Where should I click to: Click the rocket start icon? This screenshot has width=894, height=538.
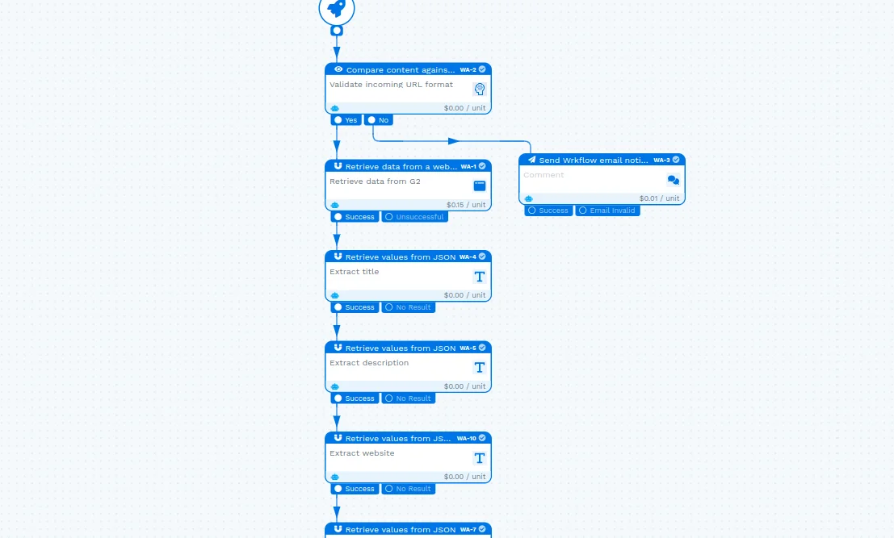pyautogui.click(x=337, y=8)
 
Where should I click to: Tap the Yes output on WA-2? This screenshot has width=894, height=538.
pyautogui.click(x=346, y=120)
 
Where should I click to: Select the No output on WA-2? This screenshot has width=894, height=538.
pyautogui.click(x=378, y=120)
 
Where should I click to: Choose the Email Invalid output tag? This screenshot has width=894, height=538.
pyautogui.click(x=607, y=211)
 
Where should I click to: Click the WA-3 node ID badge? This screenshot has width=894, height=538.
pyautogui.click(x=661, y=160)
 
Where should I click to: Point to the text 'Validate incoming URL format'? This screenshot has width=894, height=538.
pyautogui.click(x=391, y=85)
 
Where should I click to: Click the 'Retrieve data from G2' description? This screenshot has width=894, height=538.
pyautogui.click(x=375, y=181)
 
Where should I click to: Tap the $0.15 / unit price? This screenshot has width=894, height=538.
pyautogui.click(x=466, y=205)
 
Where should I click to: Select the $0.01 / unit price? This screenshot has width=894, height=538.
pyautogui.click(x=659, y=198)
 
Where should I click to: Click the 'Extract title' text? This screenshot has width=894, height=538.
pyautogui.click(x=354, y=272)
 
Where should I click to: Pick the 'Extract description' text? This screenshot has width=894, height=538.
pyautogui.click(x=369, y=363)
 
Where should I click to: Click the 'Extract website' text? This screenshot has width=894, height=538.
pyautogui.click(x=362, y=453)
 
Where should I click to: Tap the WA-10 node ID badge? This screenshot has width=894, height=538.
pyautogui.click(x=467, y=438)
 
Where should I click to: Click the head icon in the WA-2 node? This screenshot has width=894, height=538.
pyautogui.click(x=480, y=89)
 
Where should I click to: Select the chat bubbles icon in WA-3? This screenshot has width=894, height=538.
pyautogui.click(x=673, y=180)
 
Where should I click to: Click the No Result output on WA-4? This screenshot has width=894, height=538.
pyautogui.click(x=409, y=307)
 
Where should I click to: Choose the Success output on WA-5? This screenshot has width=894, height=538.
pyautogui.click(x=355, y=398)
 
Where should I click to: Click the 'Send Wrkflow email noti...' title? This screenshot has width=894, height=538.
pyautogui.click(x=593, y=161)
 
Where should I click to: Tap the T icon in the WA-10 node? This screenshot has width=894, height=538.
pyautogui.click(x=480, y=458)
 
